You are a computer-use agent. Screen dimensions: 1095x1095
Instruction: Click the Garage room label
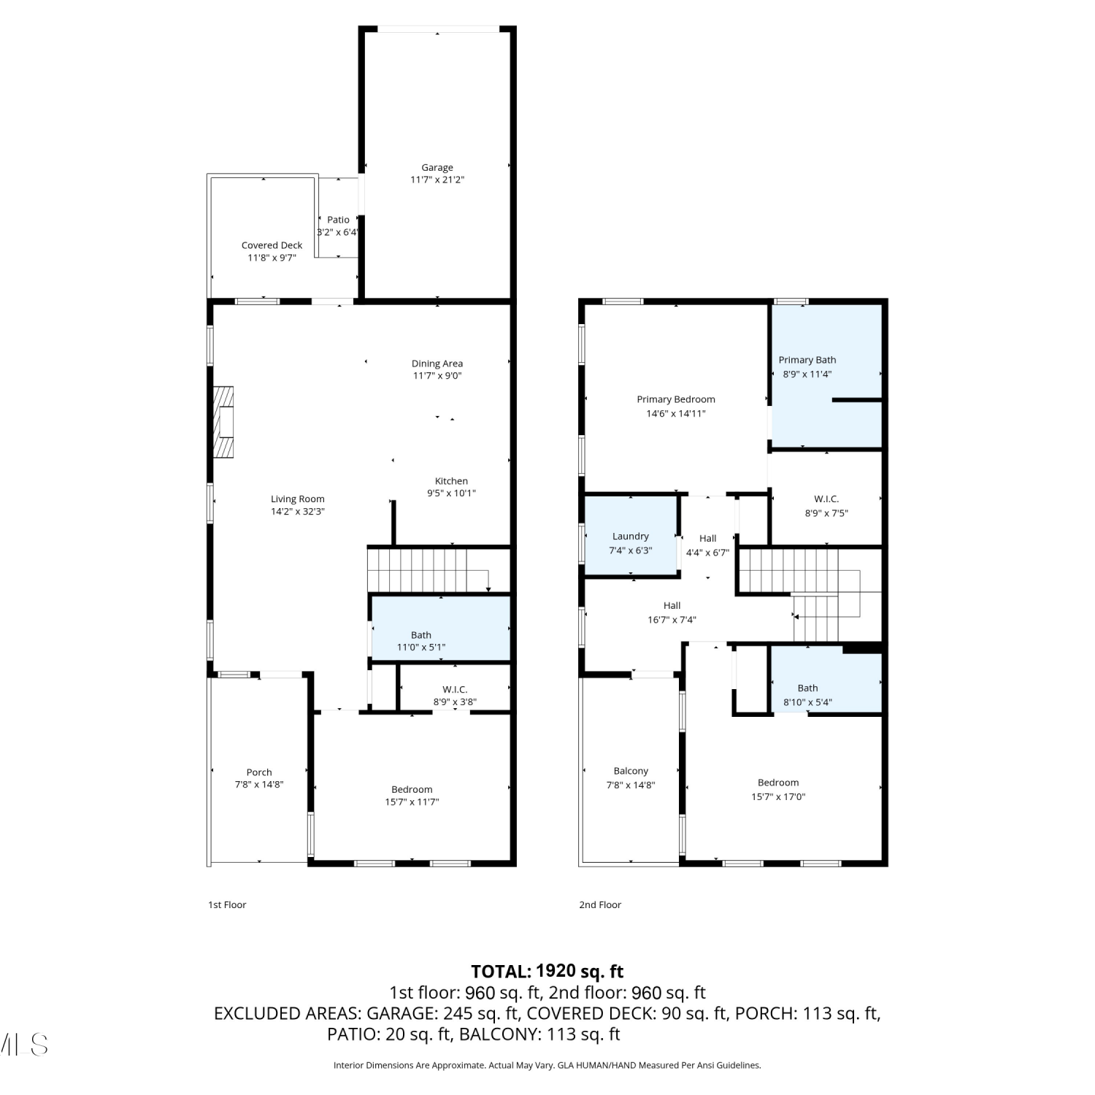pos(437,167)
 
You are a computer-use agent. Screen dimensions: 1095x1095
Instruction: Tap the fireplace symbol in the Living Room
pos(223,422)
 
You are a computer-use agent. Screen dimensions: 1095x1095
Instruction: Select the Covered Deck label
pos(272,245)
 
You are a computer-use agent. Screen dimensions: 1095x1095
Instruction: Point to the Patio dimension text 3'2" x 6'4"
pos(338,232)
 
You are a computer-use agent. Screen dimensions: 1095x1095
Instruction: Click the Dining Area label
pos(437,364)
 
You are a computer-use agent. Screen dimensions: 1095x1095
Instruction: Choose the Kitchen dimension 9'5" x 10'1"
pos(451,493)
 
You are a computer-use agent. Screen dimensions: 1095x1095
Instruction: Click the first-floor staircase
pos(428,569)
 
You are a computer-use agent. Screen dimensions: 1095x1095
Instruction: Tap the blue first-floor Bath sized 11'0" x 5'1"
pos(441,629)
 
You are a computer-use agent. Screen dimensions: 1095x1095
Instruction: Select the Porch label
pos(259,772)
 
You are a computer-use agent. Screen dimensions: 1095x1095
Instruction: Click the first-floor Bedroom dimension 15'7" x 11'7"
pos(412,802)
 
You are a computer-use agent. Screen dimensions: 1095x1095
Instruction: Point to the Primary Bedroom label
pos(676,399)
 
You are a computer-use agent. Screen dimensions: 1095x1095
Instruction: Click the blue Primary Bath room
pos(826,375)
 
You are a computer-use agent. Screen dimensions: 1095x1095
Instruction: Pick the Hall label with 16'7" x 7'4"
pos(672,605)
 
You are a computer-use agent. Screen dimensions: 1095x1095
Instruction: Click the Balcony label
pos(631,771)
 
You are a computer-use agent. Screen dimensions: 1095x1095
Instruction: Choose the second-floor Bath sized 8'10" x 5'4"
pos(826,683)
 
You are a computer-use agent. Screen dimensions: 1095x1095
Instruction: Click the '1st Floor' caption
pos(227,904)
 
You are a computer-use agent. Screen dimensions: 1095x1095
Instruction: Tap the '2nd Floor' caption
pos(600,904)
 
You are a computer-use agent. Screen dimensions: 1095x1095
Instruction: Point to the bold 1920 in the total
pos(556,971)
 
